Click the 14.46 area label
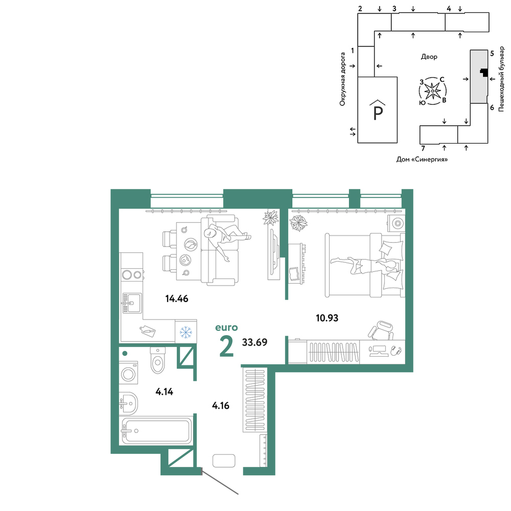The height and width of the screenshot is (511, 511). pos(177,298)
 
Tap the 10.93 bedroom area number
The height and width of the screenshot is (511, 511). pos(327,318)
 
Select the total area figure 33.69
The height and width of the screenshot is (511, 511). pos(254,342)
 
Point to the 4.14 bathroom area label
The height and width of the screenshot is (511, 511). pos(164,392)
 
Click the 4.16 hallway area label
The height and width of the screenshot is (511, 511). pos(221,406)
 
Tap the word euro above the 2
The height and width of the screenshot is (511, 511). pos(226,328)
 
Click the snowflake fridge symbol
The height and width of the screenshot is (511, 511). pos(186,332)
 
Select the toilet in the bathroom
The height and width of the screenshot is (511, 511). pos(158,360)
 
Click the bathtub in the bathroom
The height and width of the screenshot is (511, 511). pos(156,431)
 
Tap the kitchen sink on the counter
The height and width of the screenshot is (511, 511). pos(132,303)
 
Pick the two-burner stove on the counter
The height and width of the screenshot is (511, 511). pos(132,275)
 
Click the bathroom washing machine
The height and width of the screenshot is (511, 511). pos(128,373)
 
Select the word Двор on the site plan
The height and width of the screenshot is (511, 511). pos(429,57)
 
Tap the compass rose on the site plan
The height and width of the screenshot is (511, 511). pos(432,91)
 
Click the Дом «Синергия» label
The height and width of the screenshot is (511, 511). pos(422,159)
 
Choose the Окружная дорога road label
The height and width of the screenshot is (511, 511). pos(342,79)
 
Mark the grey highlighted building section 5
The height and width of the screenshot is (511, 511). pos(479,77)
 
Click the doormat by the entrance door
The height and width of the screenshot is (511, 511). pos(224,461)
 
